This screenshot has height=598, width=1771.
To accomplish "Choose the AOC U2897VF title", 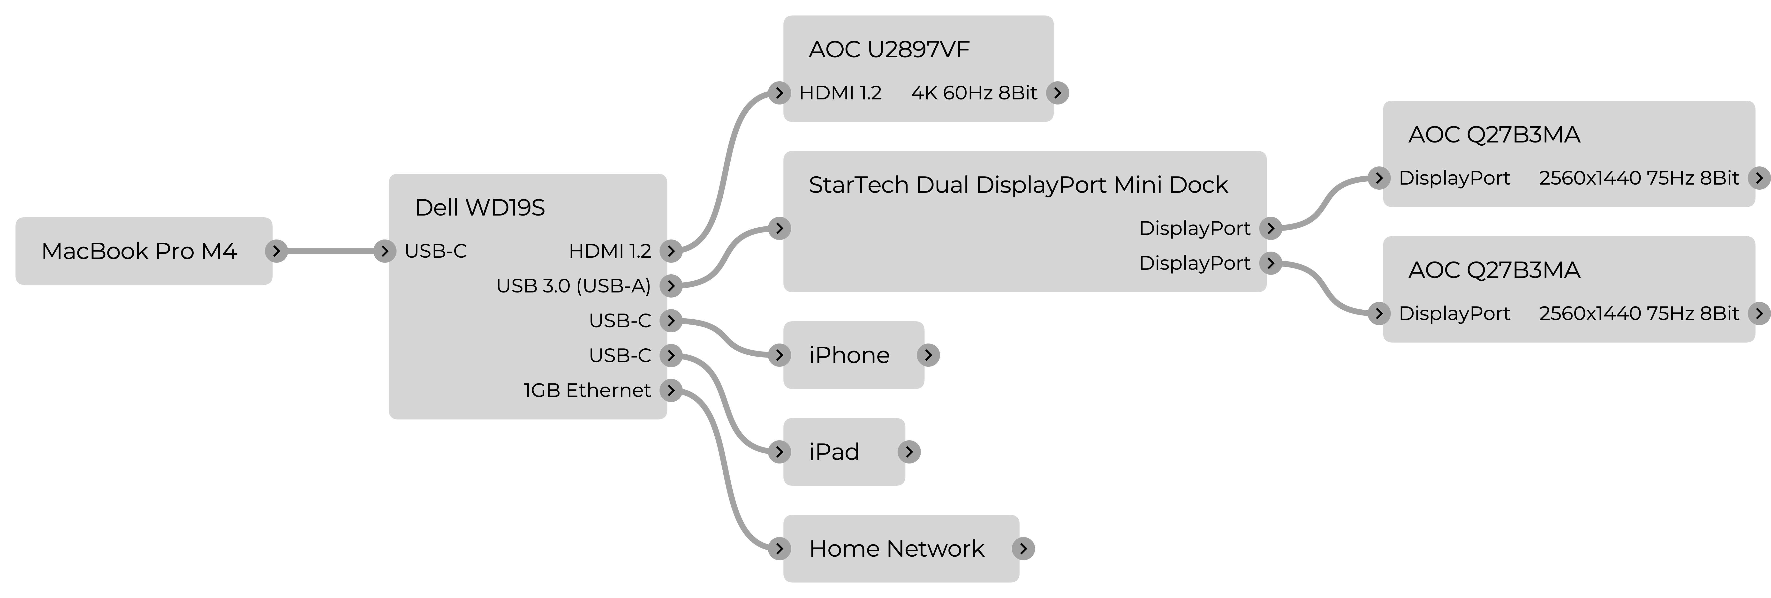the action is (x=889, y=50).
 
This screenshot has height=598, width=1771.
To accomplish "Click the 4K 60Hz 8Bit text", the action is (x=974, y=93).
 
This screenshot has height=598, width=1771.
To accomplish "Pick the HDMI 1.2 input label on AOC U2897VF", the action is (x=840, y=93).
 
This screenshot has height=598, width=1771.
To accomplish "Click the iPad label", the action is (x=834, y=452).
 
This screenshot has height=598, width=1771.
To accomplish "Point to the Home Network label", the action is (x=896, y=548).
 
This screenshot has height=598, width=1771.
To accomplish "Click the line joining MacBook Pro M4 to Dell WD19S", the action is (x=330, y=251).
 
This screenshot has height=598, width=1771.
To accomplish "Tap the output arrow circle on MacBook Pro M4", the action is (x=276, y=251).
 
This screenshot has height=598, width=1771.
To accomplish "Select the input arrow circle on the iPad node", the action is (x=779, y=452).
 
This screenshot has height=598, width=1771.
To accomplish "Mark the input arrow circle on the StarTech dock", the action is (x=779, y=228).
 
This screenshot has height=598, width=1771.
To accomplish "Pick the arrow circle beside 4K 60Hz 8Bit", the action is (x=1057, y=93).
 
